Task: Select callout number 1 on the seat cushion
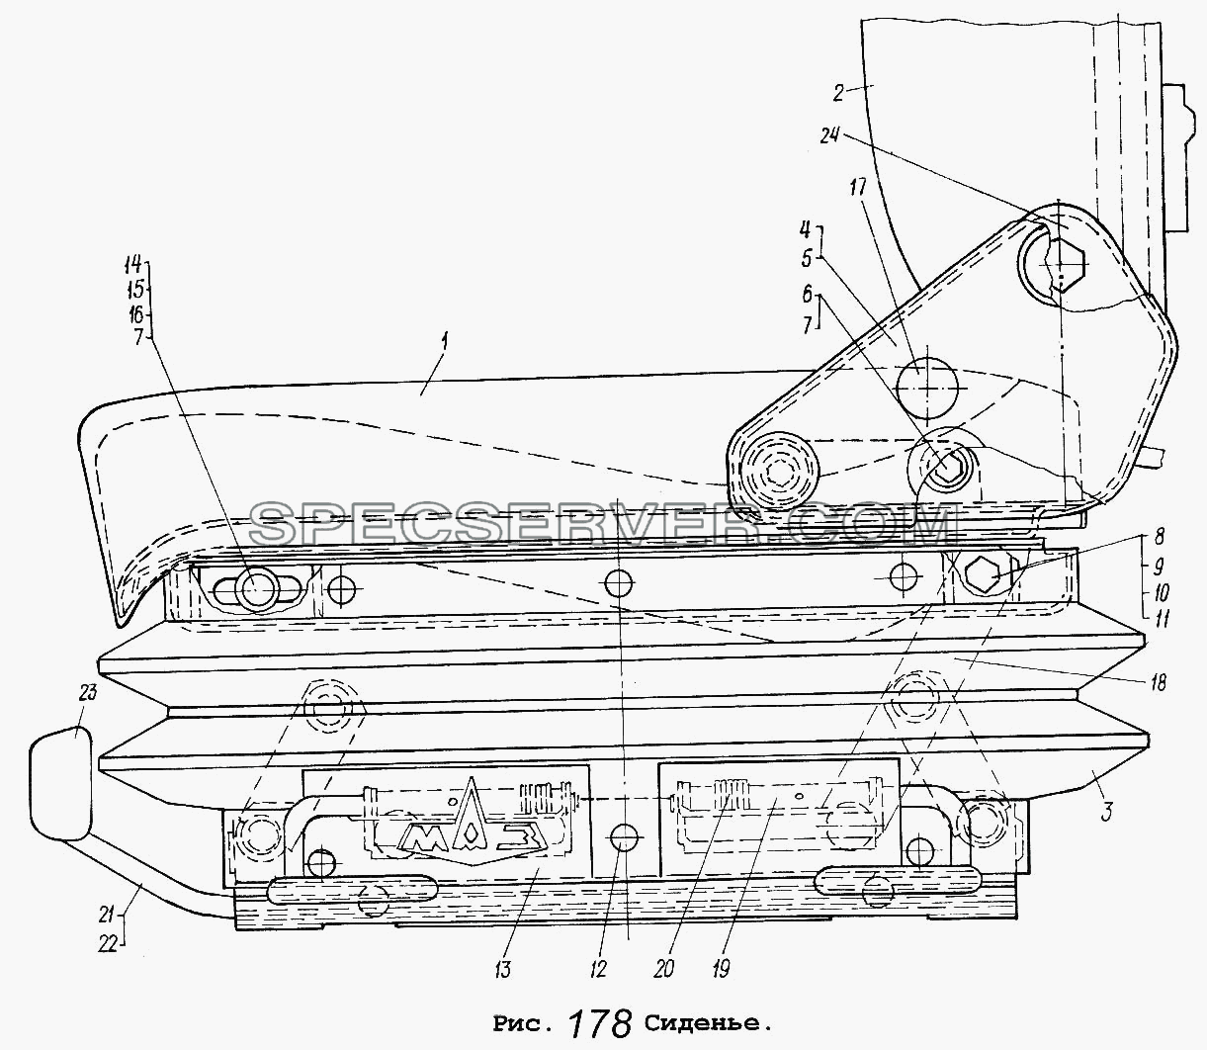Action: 446,345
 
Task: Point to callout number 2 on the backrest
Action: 838,94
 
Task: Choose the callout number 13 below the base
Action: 503,970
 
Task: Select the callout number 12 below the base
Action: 598,970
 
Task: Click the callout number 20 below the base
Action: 663,970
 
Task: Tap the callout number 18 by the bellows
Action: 1158,683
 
